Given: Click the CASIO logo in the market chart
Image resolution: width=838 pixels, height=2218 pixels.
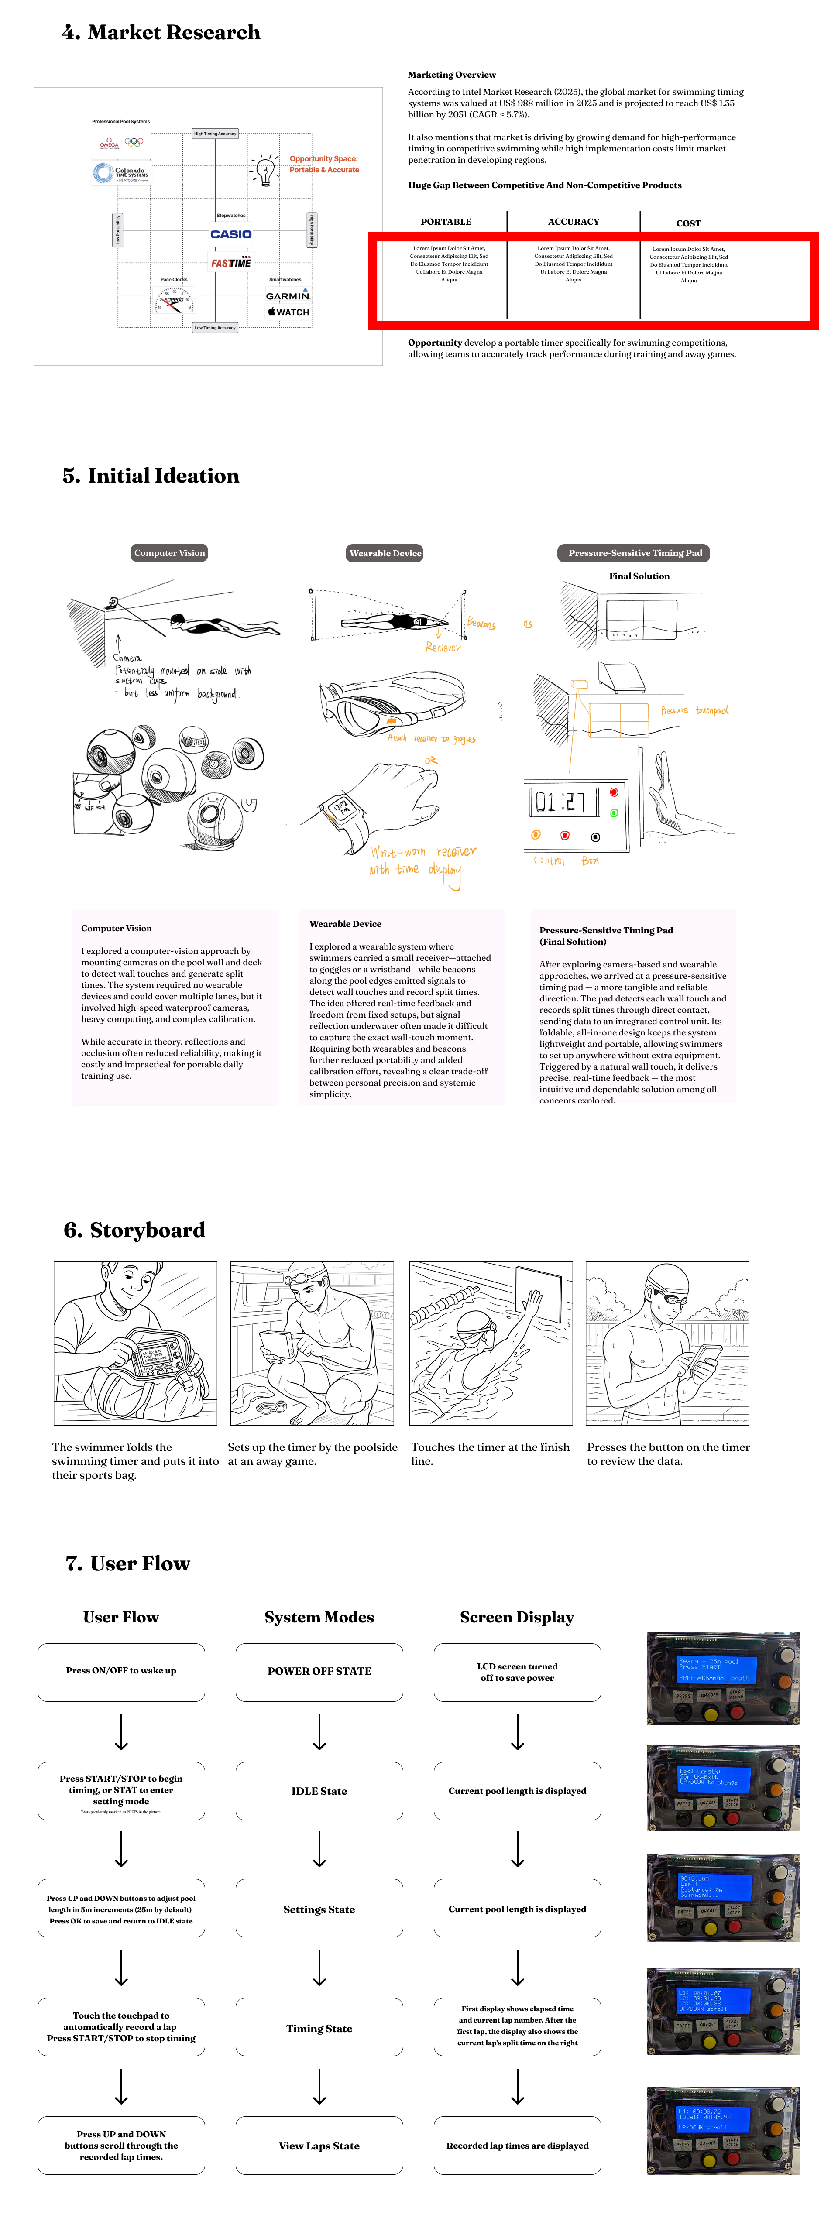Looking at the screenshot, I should click(231, 234).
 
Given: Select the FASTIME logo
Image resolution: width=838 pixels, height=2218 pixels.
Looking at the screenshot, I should click(231, 263).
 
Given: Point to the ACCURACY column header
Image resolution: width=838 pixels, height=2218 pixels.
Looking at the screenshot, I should click(574, 222).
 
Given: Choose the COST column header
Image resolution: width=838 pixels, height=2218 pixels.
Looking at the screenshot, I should click(688, 223).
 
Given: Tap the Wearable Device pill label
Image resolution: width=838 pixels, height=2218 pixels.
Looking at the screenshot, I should click(385, 554).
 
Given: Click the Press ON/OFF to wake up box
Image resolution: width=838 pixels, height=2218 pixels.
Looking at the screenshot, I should click(121, 1671).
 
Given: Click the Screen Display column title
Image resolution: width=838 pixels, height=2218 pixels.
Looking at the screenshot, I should click(517, 1617).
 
